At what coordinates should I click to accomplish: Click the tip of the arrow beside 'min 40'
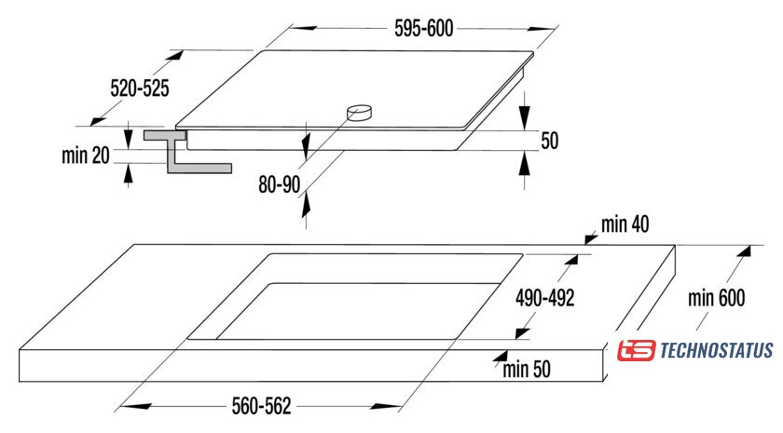585,244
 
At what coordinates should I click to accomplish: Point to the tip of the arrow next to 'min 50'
492,359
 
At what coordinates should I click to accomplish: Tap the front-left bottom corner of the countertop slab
20,382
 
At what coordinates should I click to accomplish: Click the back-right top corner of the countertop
675,245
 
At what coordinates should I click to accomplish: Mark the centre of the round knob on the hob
360,113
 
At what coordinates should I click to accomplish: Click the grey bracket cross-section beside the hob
187,152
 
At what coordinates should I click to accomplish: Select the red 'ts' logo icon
636,350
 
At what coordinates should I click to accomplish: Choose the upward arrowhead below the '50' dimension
524,163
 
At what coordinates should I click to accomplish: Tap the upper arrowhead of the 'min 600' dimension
745,250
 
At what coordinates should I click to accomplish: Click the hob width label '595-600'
423,29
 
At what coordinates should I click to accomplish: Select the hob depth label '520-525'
140,88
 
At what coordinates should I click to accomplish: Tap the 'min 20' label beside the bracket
86,156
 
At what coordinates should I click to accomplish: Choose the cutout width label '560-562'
261,406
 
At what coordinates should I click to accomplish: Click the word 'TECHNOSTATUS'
717,350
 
